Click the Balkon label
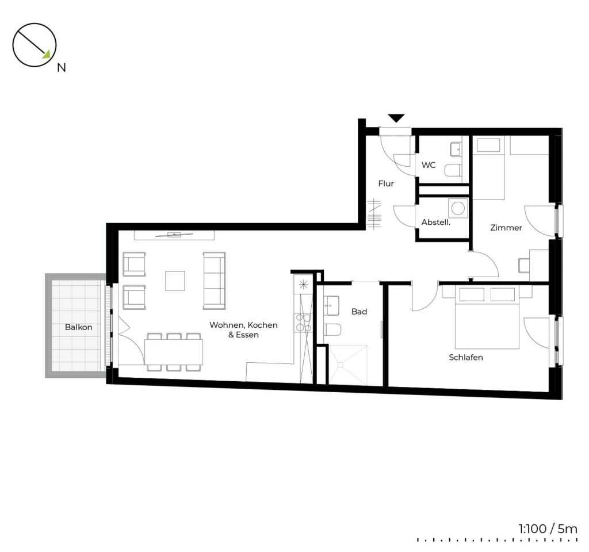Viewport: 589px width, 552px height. pyautogui.click(x=78, y=327)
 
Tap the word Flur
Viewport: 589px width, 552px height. pyautogui.click(x=386, y=183)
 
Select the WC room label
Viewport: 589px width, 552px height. pyautogui.click(x=429, y=165)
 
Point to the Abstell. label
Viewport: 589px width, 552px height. pyautogui.click(x=436, y=222)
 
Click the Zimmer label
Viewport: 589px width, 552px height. pyautogui.click(x=506, y=228)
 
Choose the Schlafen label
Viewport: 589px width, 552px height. pyautogui.click(x=466, y=357)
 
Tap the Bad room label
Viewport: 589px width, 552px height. pyautogui.click(x=359, y=311)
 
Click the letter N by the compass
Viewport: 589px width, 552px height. pyautogui.click(x=61, y=68)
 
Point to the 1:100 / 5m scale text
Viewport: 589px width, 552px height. pyautogui.click(x=548, y=529)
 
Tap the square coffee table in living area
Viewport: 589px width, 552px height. pyautogui.click(x=175, y=281)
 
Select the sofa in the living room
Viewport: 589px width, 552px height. pyautogui.click(x=215, y=281)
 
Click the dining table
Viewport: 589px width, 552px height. pyautogui.click(x=174, y=352)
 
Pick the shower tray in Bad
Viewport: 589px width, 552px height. pyautogui.click(x=348, y=365)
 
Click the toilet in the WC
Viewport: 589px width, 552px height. pyautogui.click(x=453, y=171)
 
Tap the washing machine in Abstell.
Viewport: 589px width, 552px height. pyautogui.click(x=458, y=208)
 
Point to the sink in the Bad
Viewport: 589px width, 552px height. pyautogui.click(x=332, y=305)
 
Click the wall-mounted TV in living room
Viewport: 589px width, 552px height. pyautogui.click(x=174, y=235)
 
